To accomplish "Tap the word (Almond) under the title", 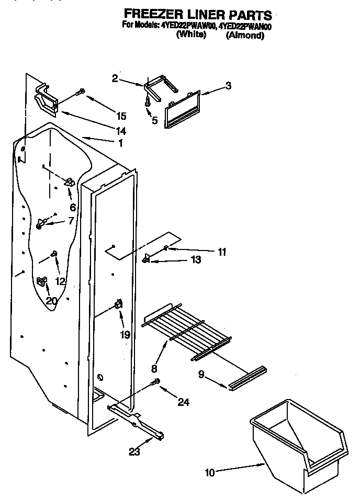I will pos(244,36).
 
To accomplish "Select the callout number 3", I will pos(228,87).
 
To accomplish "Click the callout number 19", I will pos(125,335).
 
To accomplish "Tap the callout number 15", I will pos(121,116).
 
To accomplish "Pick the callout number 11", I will pos(222,252).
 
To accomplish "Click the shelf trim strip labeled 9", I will pos(248,378).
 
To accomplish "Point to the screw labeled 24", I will pos(156,383).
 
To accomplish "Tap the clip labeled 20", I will pos(41,283).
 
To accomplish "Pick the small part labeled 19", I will pos(119,304).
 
